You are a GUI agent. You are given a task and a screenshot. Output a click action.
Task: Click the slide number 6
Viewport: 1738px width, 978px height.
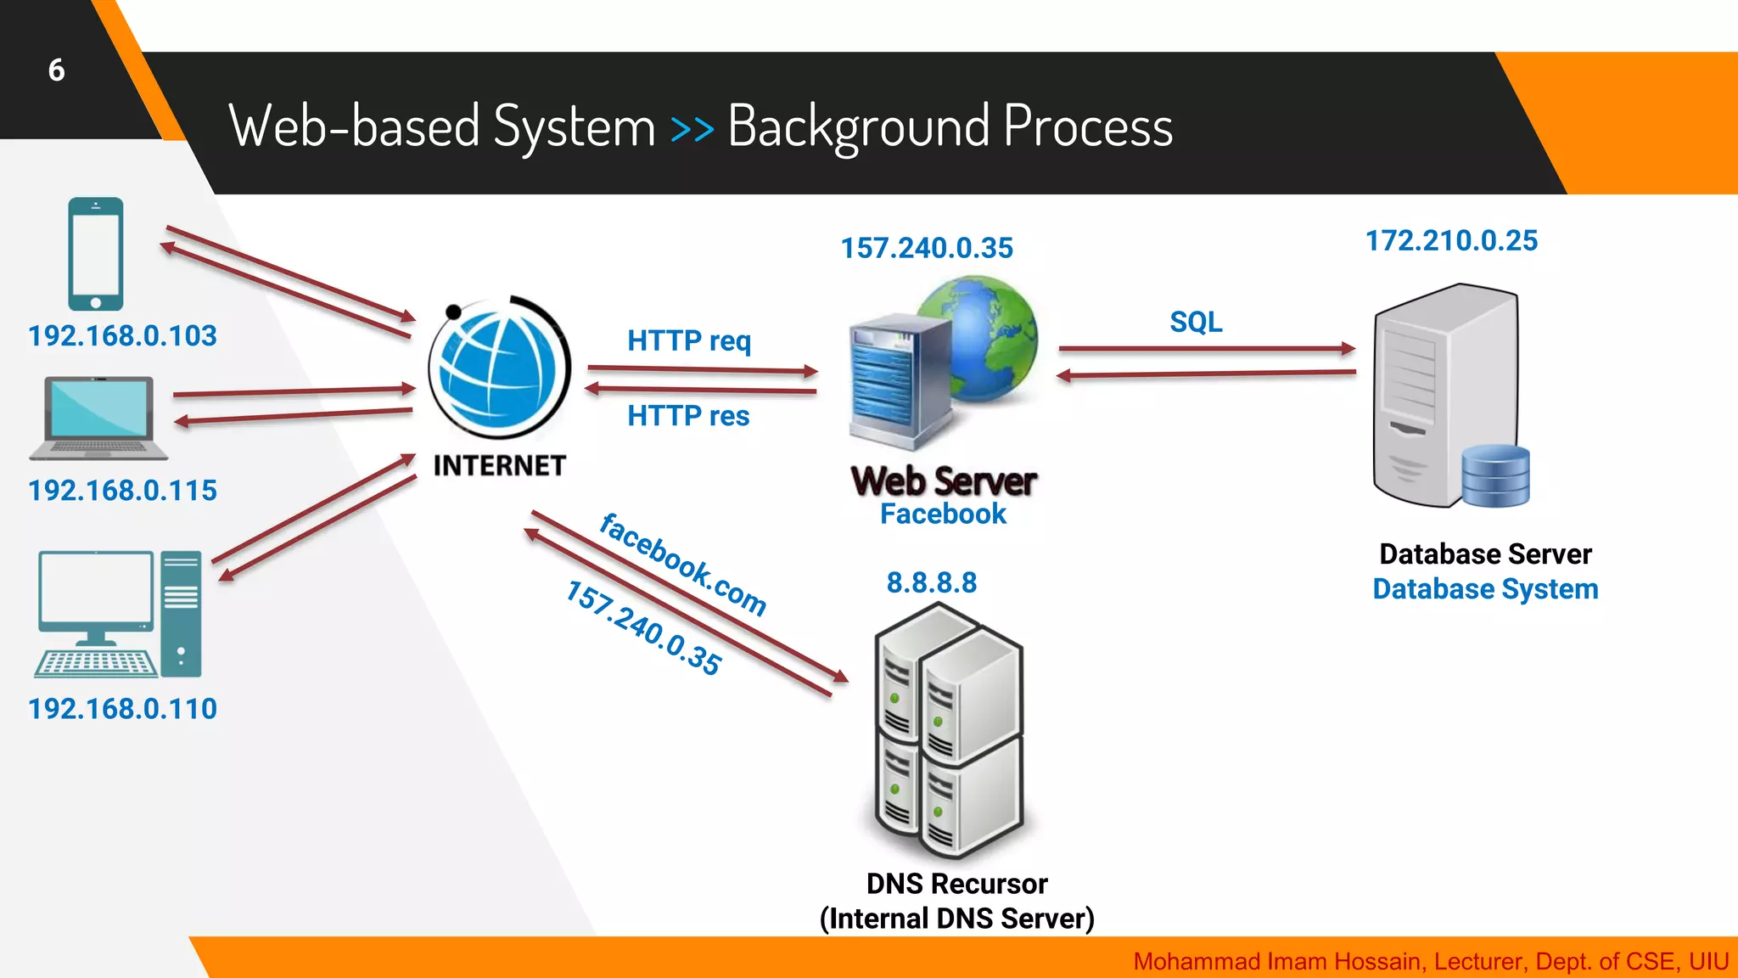(x=56, y=70)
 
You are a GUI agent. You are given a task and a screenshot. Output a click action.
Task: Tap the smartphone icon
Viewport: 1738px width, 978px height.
(x=96, y=254)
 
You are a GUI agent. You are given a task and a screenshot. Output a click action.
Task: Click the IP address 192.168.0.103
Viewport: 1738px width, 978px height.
(x=122, y=336)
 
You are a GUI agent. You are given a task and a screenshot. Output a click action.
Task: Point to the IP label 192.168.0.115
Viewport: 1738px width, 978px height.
(x=122, y=491)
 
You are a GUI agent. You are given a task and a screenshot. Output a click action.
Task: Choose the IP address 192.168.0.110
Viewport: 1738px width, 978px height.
(x=122, y=709)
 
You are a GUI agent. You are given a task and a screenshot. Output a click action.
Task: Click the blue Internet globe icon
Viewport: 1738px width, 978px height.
(x=499, y=369)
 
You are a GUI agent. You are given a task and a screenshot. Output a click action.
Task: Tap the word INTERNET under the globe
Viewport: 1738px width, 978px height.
(x=499, y=466)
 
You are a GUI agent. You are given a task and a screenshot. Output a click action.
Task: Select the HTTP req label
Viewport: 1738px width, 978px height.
(x=689, y=341)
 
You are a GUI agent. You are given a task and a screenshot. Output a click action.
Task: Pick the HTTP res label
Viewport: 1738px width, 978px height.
(x=688, y=416)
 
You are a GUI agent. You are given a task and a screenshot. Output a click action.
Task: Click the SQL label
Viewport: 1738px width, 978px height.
(x=1196, y=323)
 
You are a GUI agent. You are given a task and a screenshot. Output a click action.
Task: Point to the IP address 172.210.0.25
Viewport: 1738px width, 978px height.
(x=1451, y=241)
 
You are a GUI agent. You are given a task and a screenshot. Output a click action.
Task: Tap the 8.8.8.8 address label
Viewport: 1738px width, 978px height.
(x=932, y=583)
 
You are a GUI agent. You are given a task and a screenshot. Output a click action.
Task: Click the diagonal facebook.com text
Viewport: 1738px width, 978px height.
(x=682, y=564)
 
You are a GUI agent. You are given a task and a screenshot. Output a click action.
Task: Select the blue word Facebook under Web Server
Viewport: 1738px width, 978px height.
(x=943, y=514)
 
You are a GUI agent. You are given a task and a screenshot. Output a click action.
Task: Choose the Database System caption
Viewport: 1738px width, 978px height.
(x=1485, y=589)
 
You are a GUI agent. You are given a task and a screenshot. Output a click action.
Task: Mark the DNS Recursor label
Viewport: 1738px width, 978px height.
(x=956, y=885)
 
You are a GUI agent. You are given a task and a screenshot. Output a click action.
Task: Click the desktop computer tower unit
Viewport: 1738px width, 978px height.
(x=181, y=613)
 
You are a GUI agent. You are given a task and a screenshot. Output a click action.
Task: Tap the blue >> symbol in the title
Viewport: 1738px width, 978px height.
(x=692, y=129)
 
